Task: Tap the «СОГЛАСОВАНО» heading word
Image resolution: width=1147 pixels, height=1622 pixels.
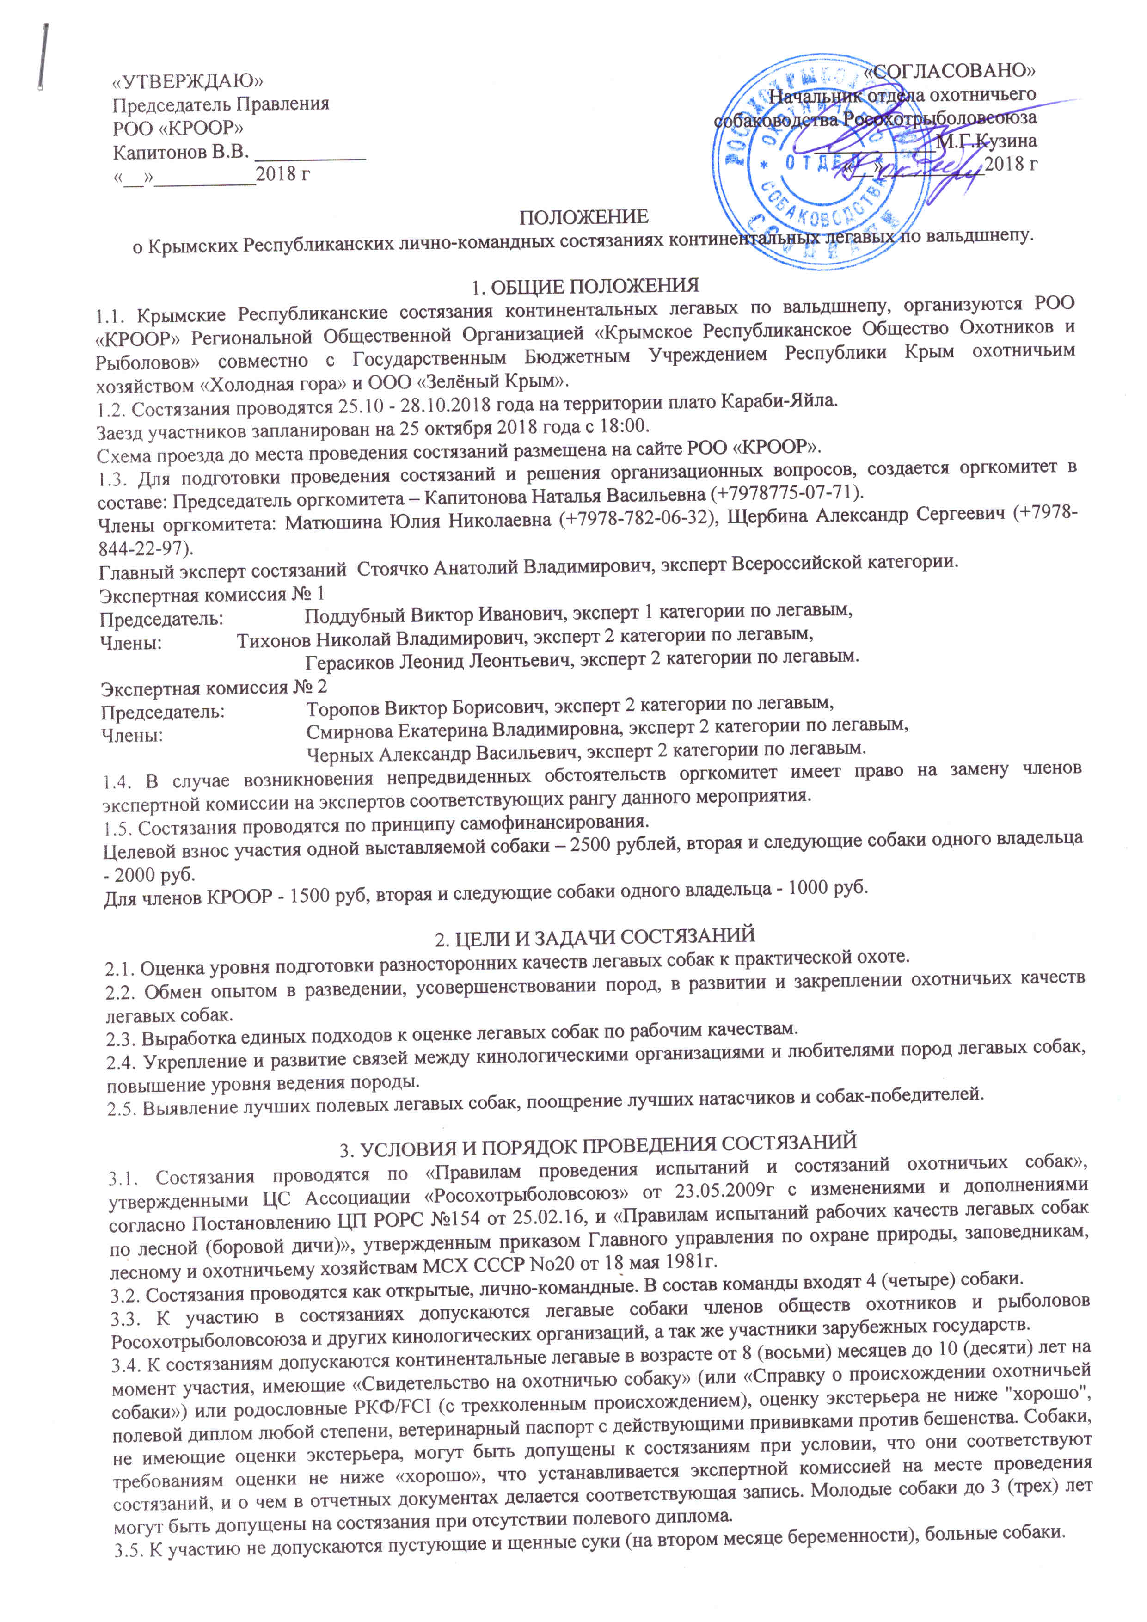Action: coord(949,70)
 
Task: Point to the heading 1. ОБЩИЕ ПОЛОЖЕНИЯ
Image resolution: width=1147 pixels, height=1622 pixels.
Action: coord(585,286)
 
